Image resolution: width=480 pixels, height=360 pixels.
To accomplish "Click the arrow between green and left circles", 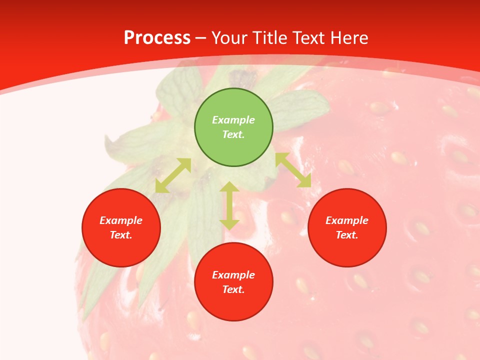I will click(173, 175).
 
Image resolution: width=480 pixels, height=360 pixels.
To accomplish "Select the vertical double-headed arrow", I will click(229, 205).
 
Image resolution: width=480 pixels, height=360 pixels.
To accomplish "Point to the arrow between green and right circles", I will click(293, 170).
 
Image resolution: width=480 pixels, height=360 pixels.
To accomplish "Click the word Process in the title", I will click(157, 37).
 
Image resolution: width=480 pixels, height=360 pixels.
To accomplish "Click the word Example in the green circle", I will click(233, 120).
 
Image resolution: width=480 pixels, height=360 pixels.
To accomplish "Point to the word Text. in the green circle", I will click(233, 134).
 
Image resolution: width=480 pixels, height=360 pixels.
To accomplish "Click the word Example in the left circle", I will click(121, 220).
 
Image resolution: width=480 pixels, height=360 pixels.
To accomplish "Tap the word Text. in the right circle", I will click(347, 235).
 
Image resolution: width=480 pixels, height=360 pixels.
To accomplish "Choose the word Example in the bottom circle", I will click(233, 275).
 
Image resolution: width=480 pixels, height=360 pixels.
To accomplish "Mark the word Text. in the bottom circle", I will click(233, 289).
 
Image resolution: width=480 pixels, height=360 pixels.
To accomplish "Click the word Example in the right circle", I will click(347, 220).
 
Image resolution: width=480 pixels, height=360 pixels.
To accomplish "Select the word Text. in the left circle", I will click(121, 235).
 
